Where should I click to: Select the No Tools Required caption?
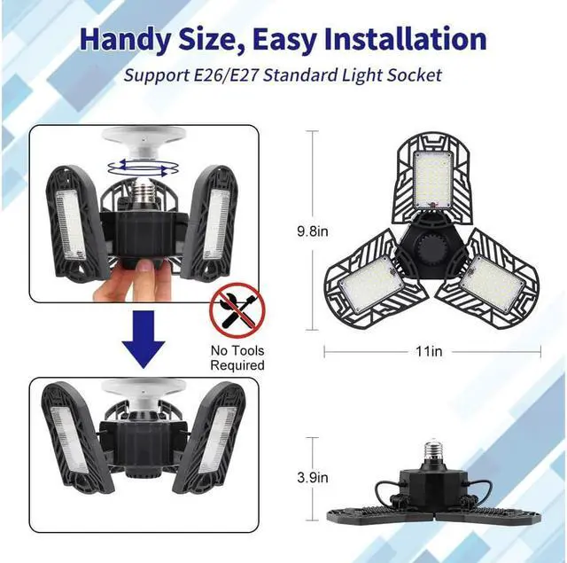click(237, 356)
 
